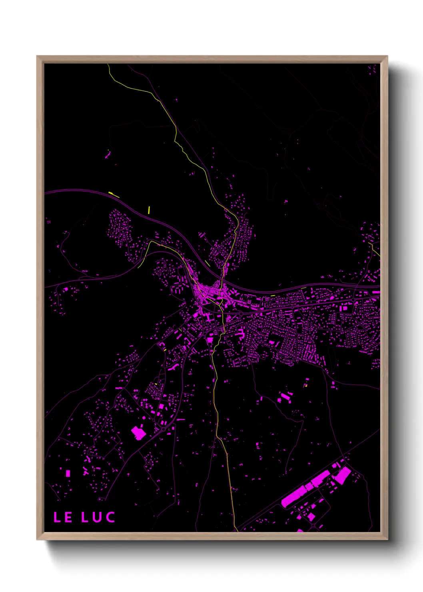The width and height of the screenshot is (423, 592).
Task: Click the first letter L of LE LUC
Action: point(57,517)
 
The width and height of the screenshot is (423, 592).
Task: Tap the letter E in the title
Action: point(68,517)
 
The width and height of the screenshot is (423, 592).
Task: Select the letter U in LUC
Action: point(97,517)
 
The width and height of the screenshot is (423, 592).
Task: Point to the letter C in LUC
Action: point(110,517)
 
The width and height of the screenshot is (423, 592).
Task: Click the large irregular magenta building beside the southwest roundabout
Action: point(138,432)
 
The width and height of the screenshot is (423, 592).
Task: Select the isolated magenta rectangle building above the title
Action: point(68,473)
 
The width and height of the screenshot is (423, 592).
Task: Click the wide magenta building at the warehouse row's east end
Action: point(342,476)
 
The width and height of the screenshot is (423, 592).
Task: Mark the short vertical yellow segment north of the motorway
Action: point(149,210)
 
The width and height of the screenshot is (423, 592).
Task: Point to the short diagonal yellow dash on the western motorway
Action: point(114,195)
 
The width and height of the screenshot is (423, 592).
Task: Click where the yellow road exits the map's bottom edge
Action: point(236,530)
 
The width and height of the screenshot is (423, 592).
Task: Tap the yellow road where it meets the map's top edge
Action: point(108,65)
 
